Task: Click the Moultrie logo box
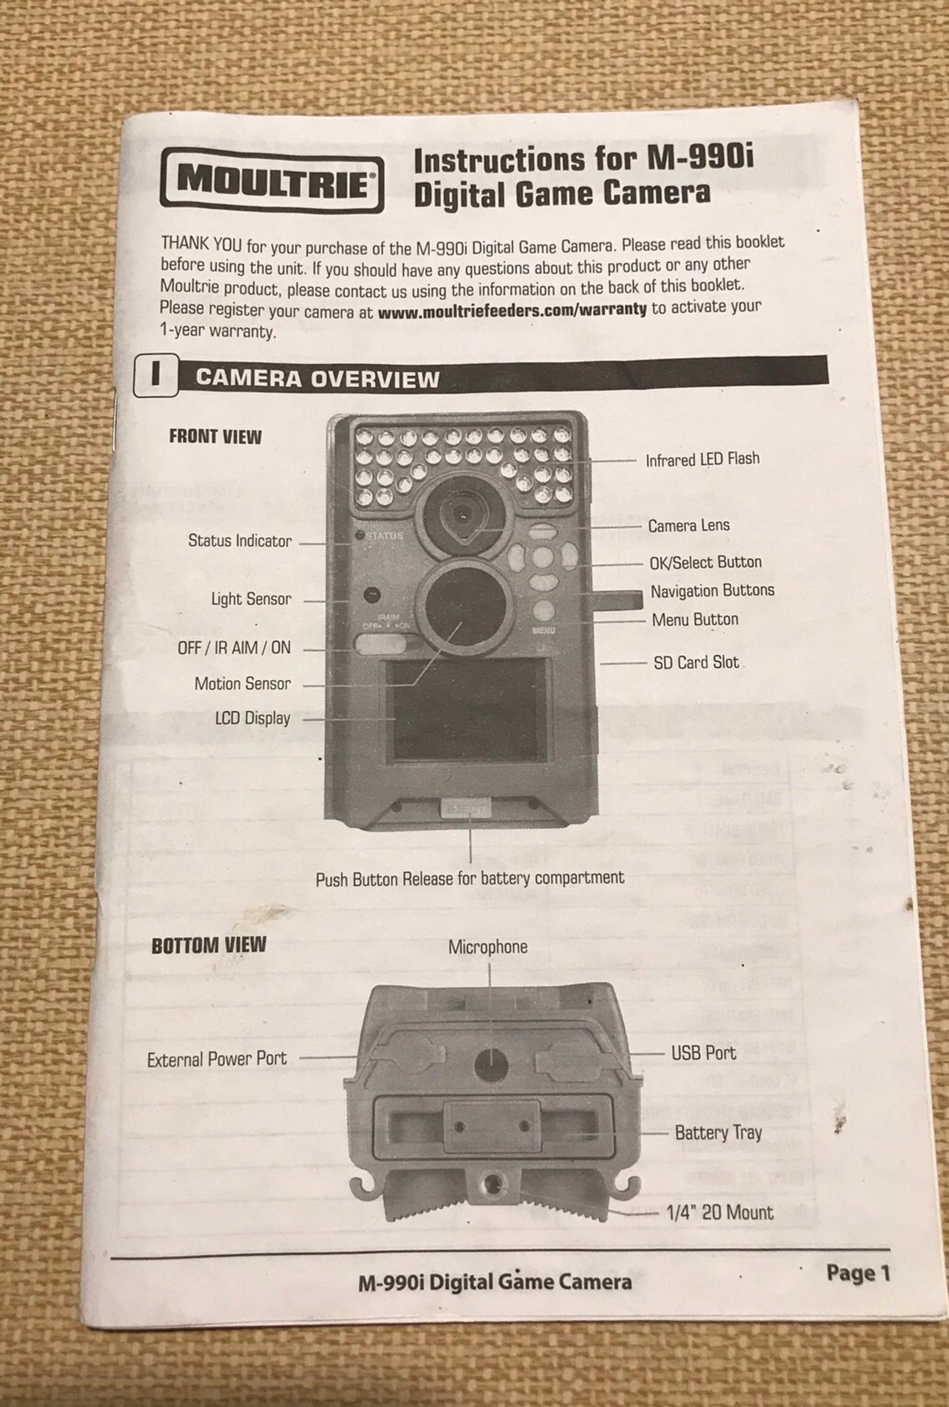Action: [271, 179]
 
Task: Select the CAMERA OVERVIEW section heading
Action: [317, 378]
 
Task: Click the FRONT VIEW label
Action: [215, 436]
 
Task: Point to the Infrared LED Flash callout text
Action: [702, 459]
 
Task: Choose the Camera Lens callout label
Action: [688, 525]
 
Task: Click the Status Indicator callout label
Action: [240, 541]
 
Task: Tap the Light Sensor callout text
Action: [251, 599]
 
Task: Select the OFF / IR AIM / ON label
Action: [234, 648]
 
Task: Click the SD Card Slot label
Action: [696, 662]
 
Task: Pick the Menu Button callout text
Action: [694, 619]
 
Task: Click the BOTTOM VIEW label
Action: [209, 946]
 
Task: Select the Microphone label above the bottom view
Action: [487, 947]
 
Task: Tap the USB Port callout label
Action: [703, 1053]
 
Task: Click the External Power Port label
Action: [217, 1059]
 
